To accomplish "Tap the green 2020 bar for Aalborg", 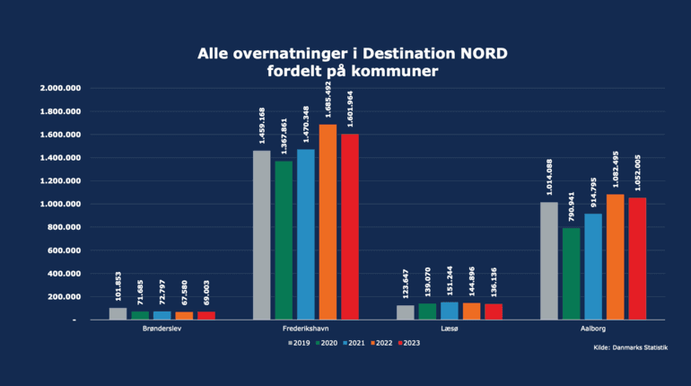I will click(571, 274).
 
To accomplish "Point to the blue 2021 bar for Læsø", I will click(449, 311).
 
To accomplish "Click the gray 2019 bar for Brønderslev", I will click(118, 313).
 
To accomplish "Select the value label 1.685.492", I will click(328, 101).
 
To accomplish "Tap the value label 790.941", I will click(571, 204).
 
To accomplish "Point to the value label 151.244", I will click(449, 282).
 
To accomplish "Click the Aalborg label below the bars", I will click(592, 329).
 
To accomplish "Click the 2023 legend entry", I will click(408, 343).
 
